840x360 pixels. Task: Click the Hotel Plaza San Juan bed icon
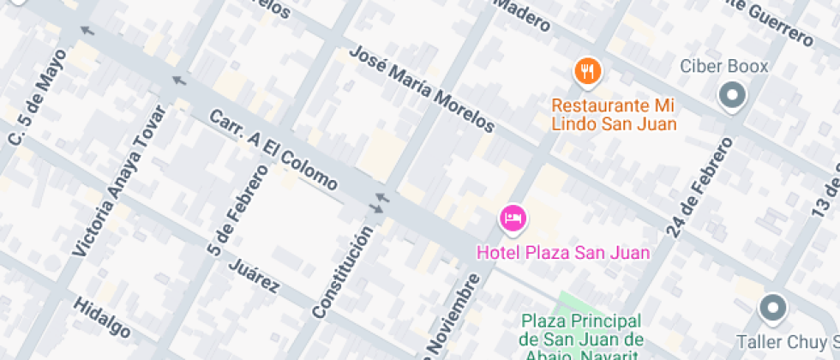[x=513, y=219]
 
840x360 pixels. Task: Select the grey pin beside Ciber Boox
[x=732, y=96]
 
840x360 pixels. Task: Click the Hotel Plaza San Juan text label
[x=562, y=253]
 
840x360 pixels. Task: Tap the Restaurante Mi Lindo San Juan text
[x=613, y=115]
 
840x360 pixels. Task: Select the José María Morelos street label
[x=422, y=89]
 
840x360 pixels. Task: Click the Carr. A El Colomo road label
[x=273, y=149]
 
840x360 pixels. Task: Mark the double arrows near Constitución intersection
[x=378, y=203]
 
